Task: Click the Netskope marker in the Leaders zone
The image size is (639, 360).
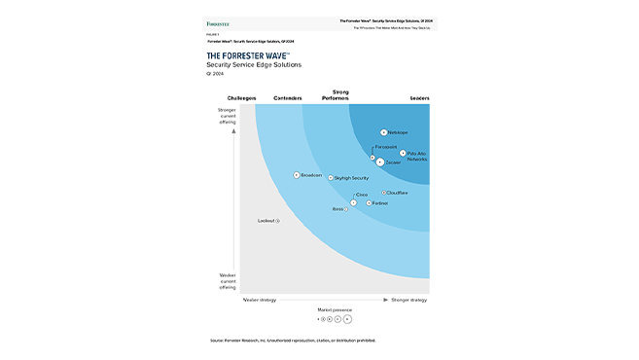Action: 384,131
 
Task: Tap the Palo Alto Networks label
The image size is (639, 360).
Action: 417,156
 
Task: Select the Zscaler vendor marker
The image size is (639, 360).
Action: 380,162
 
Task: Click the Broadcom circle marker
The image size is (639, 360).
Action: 297,175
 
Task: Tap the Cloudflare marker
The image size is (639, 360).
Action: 384,193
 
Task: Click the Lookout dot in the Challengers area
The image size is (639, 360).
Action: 278,221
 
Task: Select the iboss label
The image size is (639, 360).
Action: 338,209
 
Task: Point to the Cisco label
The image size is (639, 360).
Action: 362,195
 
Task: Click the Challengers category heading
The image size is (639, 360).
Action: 241,98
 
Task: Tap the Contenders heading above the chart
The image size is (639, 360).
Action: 288,98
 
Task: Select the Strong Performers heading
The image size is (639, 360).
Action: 334,95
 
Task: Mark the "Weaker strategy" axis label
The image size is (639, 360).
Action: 260,300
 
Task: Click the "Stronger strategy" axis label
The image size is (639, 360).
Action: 408,300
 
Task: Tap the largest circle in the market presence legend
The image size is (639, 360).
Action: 347,318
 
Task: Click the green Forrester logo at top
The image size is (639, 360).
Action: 218,21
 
